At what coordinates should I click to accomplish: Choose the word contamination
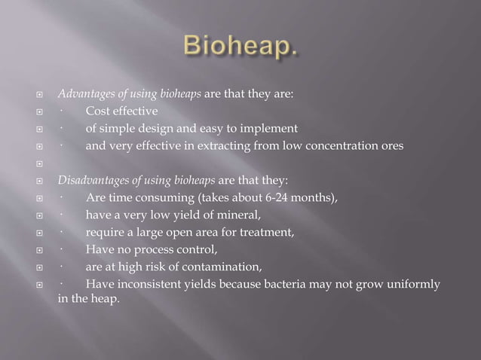coord(221,267)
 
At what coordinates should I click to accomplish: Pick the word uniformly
coord(412,284)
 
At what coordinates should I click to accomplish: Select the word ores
coord(391,146)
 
